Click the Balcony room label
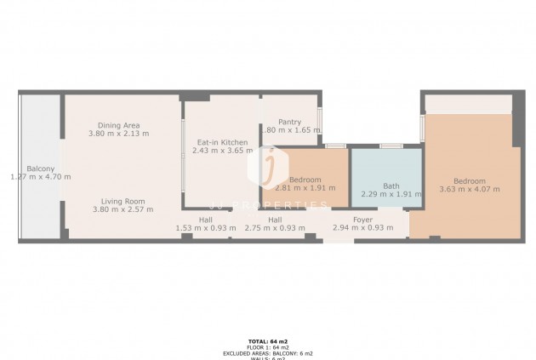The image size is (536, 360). (40, 169)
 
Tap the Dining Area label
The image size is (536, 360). (120, 125)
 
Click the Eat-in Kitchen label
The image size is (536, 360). (222, 142)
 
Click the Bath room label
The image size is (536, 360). (391, 186)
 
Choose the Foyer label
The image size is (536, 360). (362, 219)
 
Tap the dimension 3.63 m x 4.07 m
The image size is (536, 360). (469, 189)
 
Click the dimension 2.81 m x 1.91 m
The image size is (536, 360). (305, 189)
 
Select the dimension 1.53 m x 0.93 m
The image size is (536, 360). (205, 227)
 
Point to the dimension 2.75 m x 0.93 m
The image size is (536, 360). (275, 227)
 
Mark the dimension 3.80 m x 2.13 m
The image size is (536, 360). (120, 134)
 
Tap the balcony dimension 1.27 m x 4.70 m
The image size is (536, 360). (40, 177)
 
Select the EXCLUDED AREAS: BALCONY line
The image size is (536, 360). (267, 352)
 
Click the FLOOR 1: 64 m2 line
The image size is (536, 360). (267, 346)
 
